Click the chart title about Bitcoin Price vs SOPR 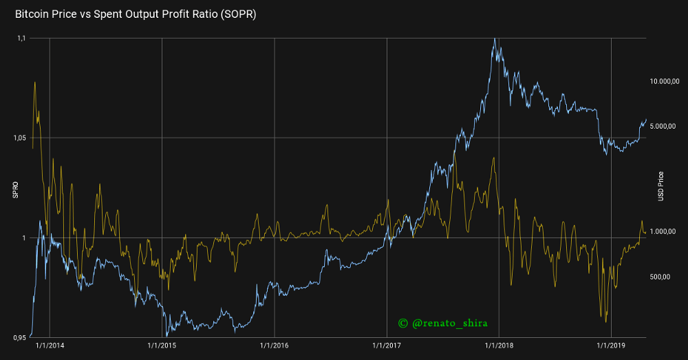[136, 14]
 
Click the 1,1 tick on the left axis [20, 39]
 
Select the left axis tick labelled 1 [23, 238]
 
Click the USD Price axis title [660, 186]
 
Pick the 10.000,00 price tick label [665, 81]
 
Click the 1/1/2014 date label [50, 346]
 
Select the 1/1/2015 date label [162, 346]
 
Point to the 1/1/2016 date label [275, 346]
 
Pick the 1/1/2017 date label [387, 346]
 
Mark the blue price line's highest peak [495, 39]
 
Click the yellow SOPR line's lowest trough [605, 321]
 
